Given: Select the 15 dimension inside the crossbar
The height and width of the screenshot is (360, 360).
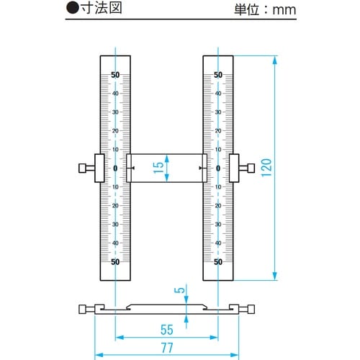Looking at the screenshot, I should (x=158, y=168).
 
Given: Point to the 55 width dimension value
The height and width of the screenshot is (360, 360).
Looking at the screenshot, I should (x=166, y=330).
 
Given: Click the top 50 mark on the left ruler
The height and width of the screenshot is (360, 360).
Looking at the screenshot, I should (x=115, y=75).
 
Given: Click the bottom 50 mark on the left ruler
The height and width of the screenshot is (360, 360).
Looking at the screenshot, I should (x=115, y=262).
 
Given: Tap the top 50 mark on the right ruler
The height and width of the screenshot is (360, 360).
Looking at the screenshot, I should (x=218, y=75).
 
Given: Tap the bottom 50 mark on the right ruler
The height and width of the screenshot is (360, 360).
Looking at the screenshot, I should (x=218, y=262).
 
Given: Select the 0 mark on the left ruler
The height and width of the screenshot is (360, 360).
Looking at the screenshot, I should (x=115, y=168).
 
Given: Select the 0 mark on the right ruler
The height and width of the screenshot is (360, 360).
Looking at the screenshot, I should (x=218, y=168).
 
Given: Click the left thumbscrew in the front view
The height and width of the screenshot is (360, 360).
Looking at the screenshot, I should (x=87, y=168).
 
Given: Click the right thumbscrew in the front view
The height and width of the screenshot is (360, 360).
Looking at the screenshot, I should (x=246, y=168).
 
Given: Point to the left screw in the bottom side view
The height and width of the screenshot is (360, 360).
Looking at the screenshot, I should (x=87, y=310).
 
